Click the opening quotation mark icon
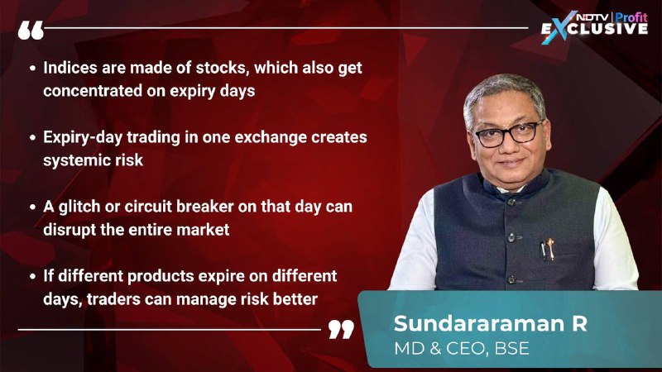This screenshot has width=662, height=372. (31, 31)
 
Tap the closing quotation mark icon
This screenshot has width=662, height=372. (341, 329)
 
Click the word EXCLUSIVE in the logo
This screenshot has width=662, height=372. (594, 29)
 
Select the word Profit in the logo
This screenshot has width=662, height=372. (631, 17)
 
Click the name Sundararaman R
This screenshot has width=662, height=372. (490, 323)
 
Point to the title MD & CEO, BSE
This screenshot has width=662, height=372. (462, 348)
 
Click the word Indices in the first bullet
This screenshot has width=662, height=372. (70, 68)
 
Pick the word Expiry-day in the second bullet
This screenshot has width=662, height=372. (83, 138)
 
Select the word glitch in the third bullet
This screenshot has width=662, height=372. (80, 207)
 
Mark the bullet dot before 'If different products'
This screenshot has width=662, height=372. (32, 277)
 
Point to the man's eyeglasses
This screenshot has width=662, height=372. (508, 134)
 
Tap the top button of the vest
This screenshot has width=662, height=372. (511, 202)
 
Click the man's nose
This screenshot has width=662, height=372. (508, 145)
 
